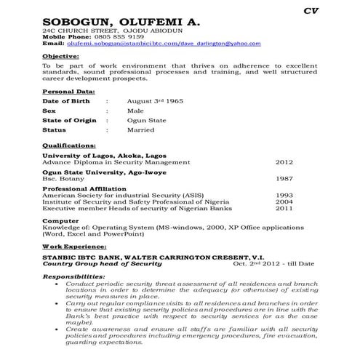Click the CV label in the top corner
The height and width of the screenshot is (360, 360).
click(311, 11)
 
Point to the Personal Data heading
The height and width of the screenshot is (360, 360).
click(68, 93)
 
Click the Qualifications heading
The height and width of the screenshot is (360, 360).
click(69, 147)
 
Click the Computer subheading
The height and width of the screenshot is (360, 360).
click(60, 220)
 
